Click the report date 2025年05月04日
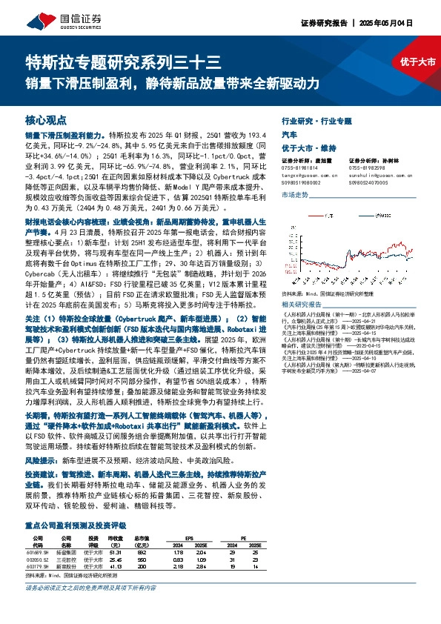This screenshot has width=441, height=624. pyautogui.click(x=394, y=23)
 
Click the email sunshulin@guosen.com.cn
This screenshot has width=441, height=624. pyautogui.click(x=374, y=173)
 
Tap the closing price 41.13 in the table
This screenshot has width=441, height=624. pyautogui.click(x=115, y=565)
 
